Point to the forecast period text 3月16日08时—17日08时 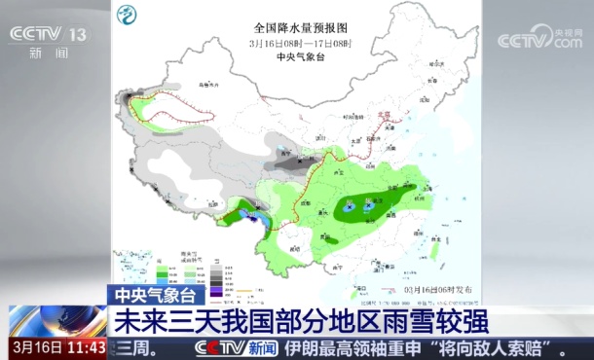(x=299, y=44)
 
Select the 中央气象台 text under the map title (x=299, y=57)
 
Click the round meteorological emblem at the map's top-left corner (x=127, y=17)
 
